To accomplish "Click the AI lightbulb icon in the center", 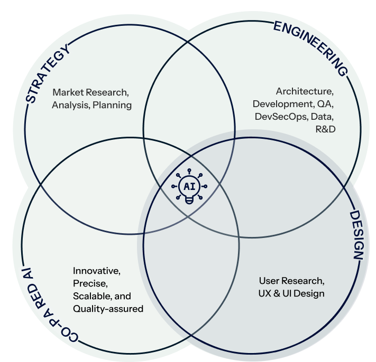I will coord(189,187).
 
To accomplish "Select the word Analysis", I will coord(71,104).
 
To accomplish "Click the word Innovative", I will coord(97,272).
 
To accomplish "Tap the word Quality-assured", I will coord(108,309).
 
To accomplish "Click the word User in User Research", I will coord(269,281).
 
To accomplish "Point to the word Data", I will coord(323,116).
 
